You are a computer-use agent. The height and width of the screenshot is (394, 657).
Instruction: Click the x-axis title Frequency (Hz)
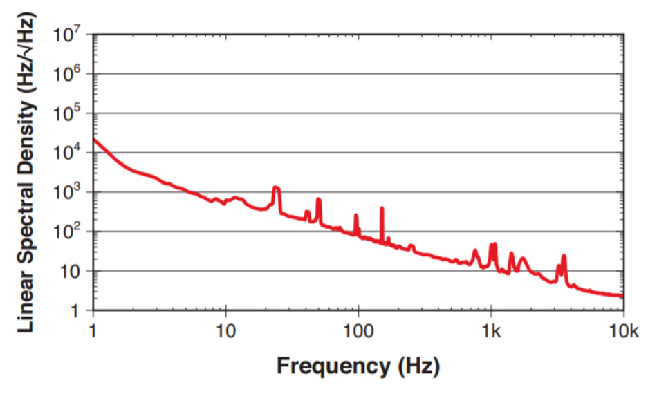click(x=358, y=366)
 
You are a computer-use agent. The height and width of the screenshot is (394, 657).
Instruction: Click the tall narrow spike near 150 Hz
click(x=382, y=208)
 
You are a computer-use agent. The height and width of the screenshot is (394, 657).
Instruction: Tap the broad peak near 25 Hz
click(x=276, y=187)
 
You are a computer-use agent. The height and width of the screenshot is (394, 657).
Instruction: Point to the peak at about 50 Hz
click(x=319, y=200)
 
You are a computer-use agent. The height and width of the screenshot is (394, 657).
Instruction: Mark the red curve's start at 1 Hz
click(x=94, y=140)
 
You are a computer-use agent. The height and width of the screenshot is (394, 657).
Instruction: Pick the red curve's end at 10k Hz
click(x=622, y=296)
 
